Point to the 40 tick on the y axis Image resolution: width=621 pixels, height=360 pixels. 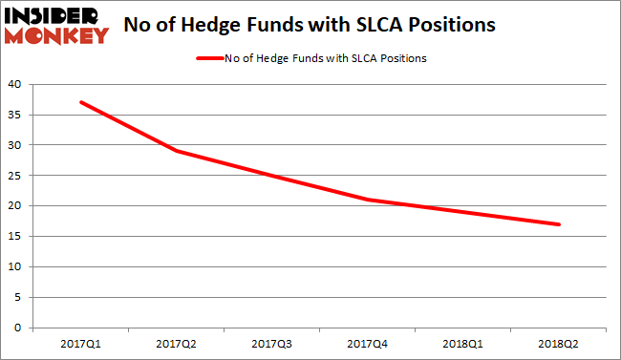click(17, 84)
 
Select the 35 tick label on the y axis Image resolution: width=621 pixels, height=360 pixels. click(17, 115)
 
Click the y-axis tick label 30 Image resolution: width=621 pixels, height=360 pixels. click(17, 145)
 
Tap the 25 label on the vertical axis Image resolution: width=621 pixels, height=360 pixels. click(17, 176)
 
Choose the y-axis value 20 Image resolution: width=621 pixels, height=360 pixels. click(17, 206)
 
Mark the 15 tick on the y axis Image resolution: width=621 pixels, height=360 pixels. click(17, 236)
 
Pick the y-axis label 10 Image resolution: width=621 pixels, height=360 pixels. click(17, 266)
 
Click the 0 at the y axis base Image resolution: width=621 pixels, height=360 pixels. click(20, 328)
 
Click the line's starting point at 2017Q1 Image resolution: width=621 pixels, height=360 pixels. click(80, 102)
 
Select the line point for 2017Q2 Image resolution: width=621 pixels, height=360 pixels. click(176, 151)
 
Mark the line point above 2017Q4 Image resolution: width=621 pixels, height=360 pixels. click(368, 200)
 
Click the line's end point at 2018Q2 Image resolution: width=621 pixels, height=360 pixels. click(559, 224)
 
